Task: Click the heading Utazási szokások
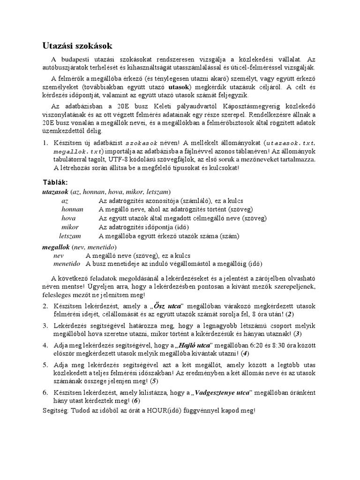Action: click(75, 46)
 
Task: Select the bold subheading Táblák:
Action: click(55, 182)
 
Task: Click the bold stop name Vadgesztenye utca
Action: click(223, 392)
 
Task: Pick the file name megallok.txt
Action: click(77, 151)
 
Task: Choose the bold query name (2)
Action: click(291, 314)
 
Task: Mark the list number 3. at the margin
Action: click(46, 326)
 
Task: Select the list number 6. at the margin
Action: click(46, 392)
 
